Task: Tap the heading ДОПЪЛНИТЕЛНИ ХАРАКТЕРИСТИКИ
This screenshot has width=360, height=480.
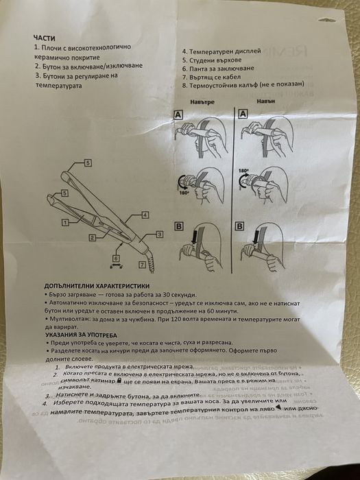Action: point(95,285)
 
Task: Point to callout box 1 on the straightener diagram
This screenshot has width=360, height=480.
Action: point(64,223)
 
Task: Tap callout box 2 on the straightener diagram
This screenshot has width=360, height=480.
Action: point(91,237)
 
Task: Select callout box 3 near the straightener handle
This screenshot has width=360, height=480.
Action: point(159,235)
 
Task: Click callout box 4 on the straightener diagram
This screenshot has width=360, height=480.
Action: point(145,215)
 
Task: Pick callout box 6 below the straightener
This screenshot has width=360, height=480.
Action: point(117,258)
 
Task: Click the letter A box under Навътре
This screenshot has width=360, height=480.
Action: point(177,116)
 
